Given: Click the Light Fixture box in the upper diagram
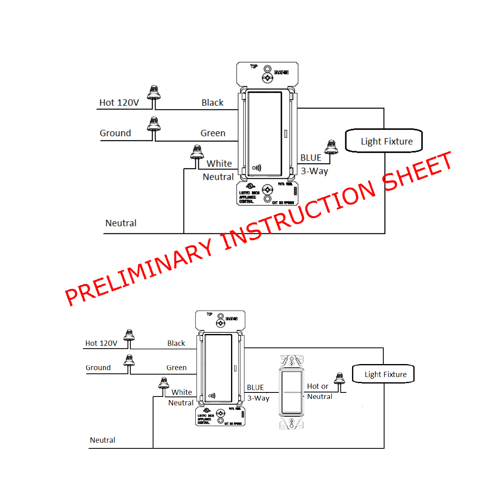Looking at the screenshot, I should (384, 141).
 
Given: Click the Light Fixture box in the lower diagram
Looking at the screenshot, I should (383, 374).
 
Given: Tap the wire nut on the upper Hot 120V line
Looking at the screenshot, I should (154, 93).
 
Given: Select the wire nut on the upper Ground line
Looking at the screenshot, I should (154, 124).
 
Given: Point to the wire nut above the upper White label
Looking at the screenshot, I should (197, 152).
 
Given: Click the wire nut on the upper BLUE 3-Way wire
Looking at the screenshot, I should (332, 147).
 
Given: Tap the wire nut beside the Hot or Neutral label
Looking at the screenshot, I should (339, 379).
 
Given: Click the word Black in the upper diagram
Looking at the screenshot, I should (212, 103).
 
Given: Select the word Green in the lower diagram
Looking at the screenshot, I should (176, 368).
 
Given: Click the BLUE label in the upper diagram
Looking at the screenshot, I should (311, 158).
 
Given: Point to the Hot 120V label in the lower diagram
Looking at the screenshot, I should (101, 343).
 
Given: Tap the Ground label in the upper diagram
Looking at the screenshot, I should (115, 133).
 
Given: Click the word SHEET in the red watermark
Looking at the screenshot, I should (417, 171).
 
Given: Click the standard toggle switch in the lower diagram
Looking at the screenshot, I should (292, 392).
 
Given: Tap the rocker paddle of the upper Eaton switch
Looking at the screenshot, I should (264, 134).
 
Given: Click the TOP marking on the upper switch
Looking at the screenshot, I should (254, 66).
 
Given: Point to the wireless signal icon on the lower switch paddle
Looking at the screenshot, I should (212, 396).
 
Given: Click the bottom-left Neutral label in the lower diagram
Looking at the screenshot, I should (102, 440).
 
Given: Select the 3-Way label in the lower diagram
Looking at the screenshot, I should (258, 398).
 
